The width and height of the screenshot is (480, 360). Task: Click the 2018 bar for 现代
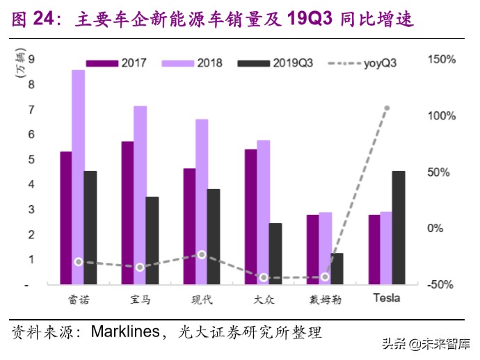click(x=201, y=202)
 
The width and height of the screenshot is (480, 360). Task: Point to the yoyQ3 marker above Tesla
click(x=387, y=108)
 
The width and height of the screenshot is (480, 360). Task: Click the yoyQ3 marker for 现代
click(x=202, y=255)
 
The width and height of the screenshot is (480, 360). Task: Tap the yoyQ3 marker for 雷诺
click(x=78, y=262)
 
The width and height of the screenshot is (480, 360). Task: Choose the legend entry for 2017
click(x=121, y=63)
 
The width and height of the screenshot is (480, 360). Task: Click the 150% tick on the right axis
click(x=442, y=60)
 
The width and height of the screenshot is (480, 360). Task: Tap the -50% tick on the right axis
click(x=442, y=285)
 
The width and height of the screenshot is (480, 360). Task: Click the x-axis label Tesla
click(x=387, y=300)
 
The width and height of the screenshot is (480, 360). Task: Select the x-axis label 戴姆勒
click(x=325, y=300)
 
